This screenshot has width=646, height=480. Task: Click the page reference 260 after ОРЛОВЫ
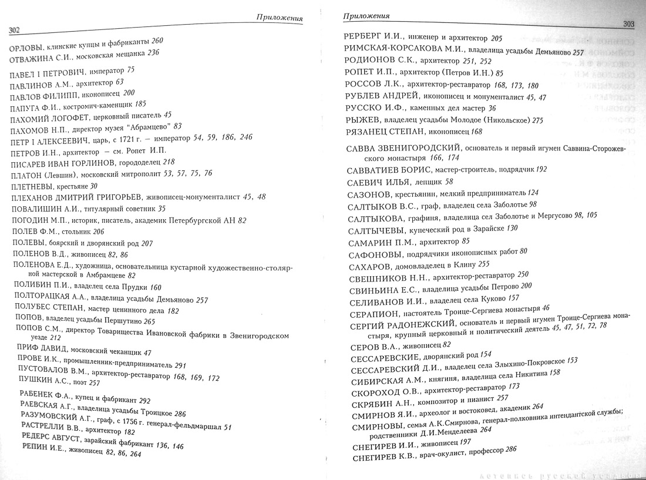point(157,41)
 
